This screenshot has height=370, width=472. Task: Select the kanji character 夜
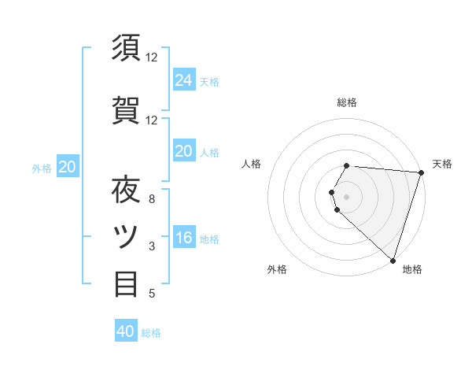tap(127, 190)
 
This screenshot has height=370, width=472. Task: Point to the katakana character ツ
tap(127, 236)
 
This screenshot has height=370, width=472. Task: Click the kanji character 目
tap(127, 283)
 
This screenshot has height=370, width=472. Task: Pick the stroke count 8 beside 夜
tap(152, 199)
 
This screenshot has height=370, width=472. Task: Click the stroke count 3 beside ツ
tap(152, 246)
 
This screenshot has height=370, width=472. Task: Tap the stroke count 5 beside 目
tap(152, 294)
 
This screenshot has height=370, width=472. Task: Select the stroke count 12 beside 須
tap(152, 57)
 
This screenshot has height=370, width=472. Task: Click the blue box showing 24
tap(183, 80)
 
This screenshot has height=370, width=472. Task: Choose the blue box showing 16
tap(183, 238)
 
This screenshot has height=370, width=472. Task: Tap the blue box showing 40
tap(126, 331)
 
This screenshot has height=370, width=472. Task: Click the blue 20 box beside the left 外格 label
tap(68, 167)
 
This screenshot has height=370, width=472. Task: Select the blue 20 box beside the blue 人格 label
tap(183, 151)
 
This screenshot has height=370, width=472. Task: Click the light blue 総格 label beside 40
tap(152, 333)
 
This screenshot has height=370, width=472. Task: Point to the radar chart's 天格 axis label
tap(442, 164)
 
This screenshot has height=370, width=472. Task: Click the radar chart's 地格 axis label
tap(412, 269)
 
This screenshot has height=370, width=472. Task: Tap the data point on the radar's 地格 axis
tap(393, 260)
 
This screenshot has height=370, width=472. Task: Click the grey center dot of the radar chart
tap(346, 196)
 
